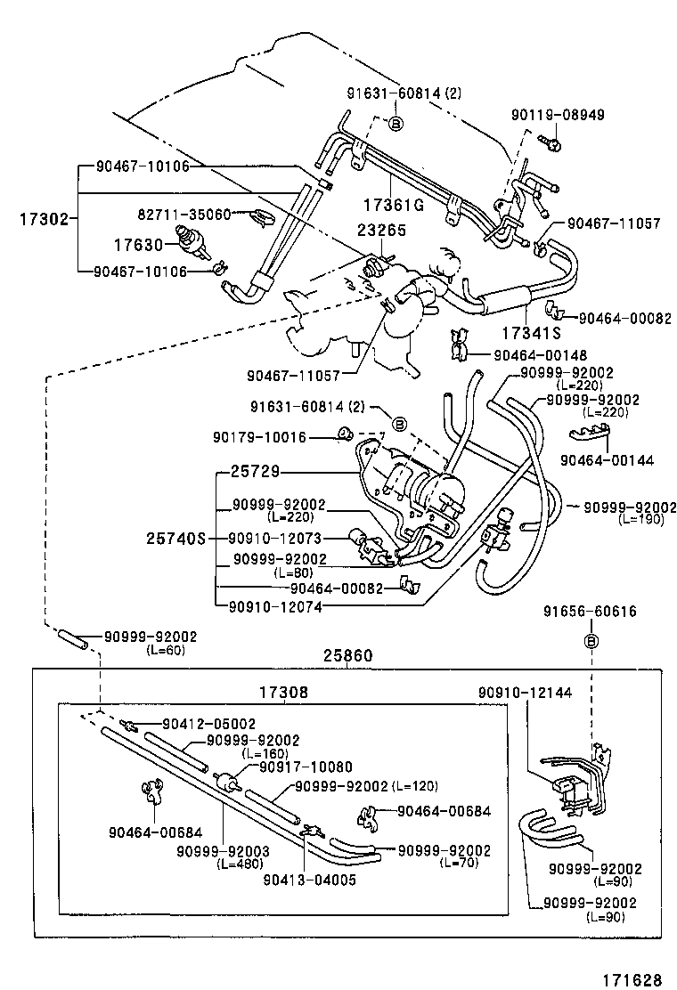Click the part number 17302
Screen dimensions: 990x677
tap(44, 217)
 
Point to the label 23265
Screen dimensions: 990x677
tap(382, 230)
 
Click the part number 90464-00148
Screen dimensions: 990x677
tap(545, 354)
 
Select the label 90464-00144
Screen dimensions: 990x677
tap(608, 459)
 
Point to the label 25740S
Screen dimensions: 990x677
tap(176, 539)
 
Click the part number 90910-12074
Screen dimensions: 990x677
tap(274, 606)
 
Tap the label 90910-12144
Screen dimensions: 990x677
tap(526, 692)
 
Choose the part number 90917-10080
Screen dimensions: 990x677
tap(306, 766)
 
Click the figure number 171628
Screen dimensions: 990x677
tap(630, 978)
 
